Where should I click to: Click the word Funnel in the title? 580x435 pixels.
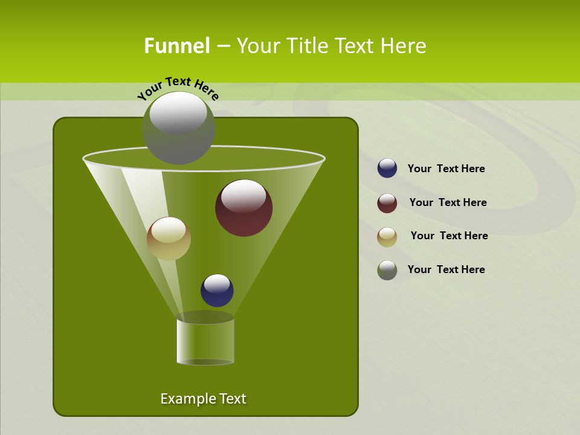[x=176, y=46]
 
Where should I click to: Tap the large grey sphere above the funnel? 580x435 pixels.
[x=178, y=127]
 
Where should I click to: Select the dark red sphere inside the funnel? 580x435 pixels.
[x=243, y=208]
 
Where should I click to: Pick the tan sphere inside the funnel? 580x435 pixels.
[x=169, y=239]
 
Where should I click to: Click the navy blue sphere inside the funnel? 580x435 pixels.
[x=217, y=290]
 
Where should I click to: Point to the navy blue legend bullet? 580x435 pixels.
[x=387, y=168]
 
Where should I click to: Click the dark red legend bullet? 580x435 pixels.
[x=387, y=203]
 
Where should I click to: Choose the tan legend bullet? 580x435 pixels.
[x=387, y=237]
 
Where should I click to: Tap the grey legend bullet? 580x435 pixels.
[x=387, y=270]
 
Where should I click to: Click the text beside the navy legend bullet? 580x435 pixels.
[x=446, y=169]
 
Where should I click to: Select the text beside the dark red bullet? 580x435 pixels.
[x=448, y=202]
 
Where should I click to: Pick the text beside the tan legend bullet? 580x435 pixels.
[x=449, y=236]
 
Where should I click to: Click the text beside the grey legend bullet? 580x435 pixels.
[x=446, y=269]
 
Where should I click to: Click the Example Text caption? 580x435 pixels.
[x=203, y=399]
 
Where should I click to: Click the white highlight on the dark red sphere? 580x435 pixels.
[x=243, y=195]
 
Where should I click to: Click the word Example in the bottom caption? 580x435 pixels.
[x=186, y=399]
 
